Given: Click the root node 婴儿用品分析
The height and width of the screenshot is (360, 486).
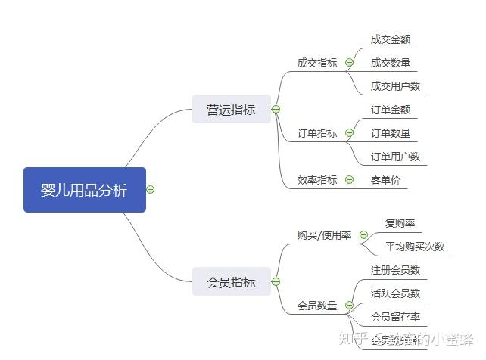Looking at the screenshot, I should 84,190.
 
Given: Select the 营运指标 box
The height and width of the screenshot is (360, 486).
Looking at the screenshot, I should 231,110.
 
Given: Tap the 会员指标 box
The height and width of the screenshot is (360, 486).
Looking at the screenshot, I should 231,282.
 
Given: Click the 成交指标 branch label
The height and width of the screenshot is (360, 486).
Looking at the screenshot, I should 317,64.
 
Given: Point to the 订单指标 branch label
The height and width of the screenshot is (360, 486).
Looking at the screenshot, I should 317,133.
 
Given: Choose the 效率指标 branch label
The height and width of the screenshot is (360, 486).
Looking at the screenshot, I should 317,180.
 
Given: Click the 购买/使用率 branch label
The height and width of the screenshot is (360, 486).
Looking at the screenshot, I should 324,235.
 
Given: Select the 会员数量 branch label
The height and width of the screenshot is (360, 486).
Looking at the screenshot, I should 317,306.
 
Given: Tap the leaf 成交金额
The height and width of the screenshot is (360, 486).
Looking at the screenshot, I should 391,39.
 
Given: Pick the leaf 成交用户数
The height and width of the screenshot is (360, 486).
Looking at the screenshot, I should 395,86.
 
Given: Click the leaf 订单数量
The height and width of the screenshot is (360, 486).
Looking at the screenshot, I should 391,133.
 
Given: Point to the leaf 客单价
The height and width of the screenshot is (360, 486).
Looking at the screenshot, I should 385,180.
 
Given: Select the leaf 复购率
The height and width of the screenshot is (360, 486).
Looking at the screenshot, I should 400,223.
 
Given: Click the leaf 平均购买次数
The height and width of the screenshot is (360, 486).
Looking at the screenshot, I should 415,247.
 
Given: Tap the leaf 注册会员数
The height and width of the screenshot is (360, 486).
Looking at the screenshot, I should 395,270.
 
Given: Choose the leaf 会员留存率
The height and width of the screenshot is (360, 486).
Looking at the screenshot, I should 395,317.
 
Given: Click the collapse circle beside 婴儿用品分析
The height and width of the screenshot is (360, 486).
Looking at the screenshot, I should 151,189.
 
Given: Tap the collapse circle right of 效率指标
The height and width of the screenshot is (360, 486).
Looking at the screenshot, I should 349,179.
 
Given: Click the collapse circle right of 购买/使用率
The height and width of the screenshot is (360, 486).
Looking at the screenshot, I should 363,235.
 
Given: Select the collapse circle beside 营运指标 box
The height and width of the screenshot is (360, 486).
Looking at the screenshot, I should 276,110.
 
